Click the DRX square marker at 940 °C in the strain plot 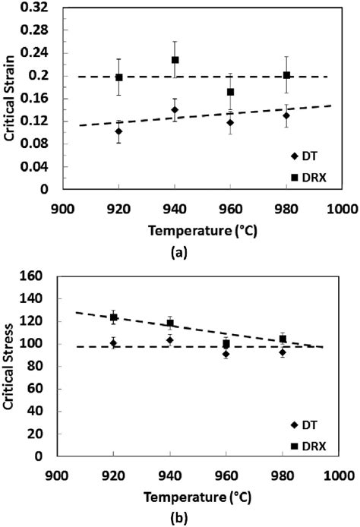coord(175,60)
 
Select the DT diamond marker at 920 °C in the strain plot coord(118,131)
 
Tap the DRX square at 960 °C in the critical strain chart coord(230,92)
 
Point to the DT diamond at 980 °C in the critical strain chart coord(286,115)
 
